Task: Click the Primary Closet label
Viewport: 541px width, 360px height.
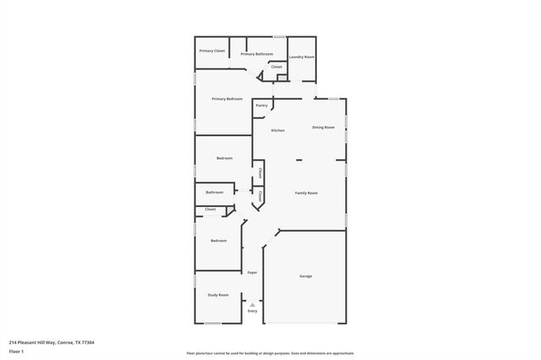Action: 212,52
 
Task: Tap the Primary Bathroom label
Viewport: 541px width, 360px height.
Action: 257,54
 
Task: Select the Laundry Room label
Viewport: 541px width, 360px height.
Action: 302,57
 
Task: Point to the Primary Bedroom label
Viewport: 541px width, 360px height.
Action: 227,99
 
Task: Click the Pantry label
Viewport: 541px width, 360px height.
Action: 262,106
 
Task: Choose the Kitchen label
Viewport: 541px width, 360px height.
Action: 277,130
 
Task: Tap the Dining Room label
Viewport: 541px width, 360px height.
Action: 324,128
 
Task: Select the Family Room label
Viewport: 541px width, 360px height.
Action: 306,194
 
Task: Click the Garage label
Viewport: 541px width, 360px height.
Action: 306,276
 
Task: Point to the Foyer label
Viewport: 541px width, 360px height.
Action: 252,272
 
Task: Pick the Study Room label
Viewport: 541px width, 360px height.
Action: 218,295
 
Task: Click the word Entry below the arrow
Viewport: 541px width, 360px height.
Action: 252,311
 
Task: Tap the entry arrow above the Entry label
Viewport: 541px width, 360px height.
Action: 252,304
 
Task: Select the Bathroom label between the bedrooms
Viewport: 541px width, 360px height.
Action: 215,192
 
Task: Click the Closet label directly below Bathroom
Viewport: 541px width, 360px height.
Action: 210,209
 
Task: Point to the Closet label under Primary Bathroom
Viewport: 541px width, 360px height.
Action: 276,66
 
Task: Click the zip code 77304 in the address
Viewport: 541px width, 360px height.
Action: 85,342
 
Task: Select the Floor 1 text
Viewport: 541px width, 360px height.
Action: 17,351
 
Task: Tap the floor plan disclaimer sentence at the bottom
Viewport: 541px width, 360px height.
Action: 270,353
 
